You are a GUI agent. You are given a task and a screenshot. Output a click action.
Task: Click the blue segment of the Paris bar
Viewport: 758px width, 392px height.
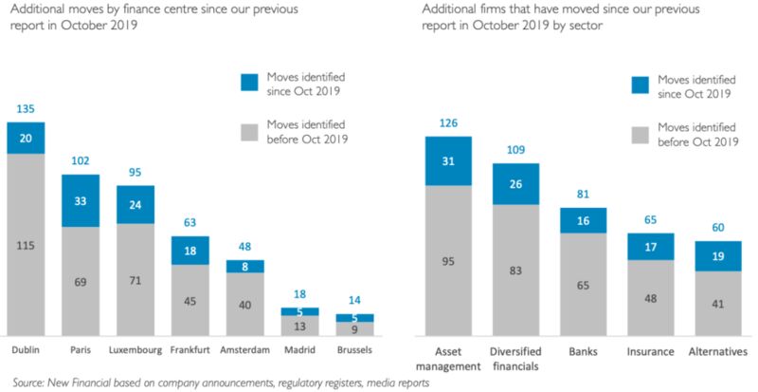pyautogui.click(x=81, y=200)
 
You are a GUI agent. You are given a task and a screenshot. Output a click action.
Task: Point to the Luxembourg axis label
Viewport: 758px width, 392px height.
pyautogui.click(x=135, y=350)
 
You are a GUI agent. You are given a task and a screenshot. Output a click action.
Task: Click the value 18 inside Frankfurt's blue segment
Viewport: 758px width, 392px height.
pyautogui.click(x=190, y=250)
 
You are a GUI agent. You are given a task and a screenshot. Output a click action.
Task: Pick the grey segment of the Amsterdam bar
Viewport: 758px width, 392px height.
pyautogui.click(x=244, y=305)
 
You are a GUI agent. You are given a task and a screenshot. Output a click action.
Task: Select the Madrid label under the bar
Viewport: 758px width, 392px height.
pyautogui.click(x=299, y=350)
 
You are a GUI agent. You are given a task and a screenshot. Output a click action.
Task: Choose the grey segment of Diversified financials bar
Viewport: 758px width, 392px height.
pyautogui.click(x=515, y=270)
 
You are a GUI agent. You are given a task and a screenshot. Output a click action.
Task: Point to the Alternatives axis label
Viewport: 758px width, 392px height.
pyautogui.click(x=716, y=351)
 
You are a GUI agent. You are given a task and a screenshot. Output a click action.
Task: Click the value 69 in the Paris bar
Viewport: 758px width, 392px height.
pyautogui.click(x=81, y=282)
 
